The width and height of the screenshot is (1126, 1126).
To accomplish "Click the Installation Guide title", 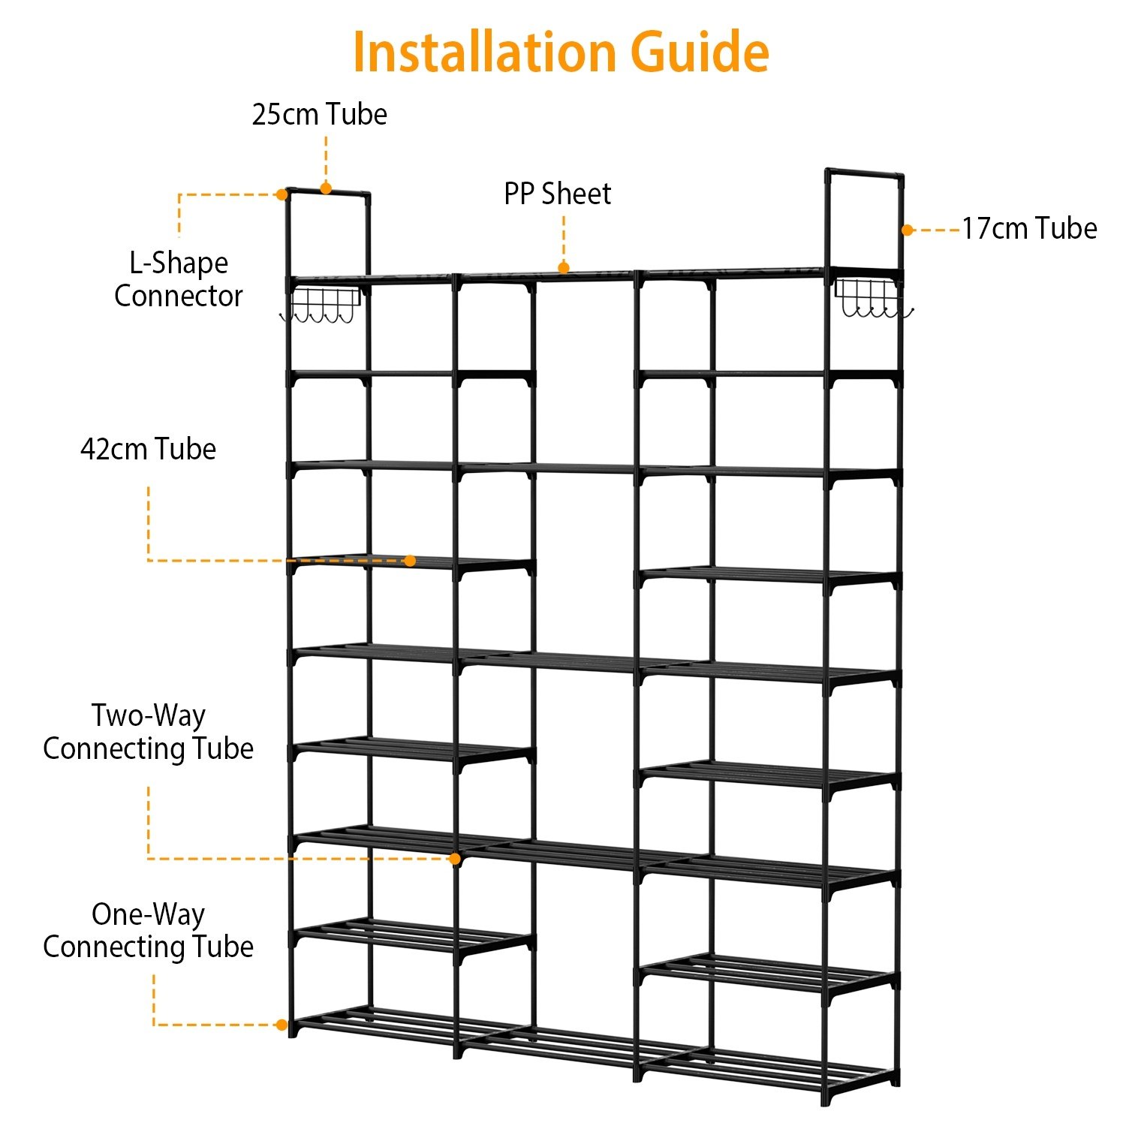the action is coord(561,53).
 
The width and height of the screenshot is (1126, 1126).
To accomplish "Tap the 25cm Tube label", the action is coord(319,114).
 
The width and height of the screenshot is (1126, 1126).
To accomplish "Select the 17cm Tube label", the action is coord(1029,228).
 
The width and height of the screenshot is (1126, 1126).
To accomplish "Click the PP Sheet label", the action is coord(557,194).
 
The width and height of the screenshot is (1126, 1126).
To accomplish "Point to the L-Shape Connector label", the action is coord(179,279).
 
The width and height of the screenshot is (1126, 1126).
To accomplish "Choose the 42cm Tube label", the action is coord(148,449).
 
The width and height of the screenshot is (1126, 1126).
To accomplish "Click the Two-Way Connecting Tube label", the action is coord(148,732).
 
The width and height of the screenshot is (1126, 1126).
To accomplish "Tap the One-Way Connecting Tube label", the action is coord(148,930).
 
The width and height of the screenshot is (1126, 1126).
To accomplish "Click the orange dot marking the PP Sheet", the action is coord(564,267).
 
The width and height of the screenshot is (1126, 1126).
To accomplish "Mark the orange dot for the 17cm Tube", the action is coord(908,230).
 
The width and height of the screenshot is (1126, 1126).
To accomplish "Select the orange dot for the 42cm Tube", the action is coord(410,561).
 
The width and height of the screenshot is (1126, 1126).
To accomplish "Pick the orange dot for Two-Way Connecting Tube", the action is coord(455,859).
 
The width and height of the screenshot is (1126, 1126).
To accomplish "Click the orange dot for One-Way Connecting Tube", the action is coord(281,1025).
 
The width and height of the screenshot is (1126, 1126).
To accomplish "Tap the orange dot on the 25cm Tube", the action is coord(326,188).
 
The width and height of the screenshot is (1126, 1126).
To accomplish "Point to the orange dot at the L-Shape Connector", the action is coord(281,194).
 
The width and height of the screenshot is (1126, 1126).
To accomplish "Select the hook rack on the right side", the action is coord(873,298).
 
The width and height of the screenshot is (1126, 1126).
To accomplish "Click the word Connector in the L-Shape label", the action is coord(179,296).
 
